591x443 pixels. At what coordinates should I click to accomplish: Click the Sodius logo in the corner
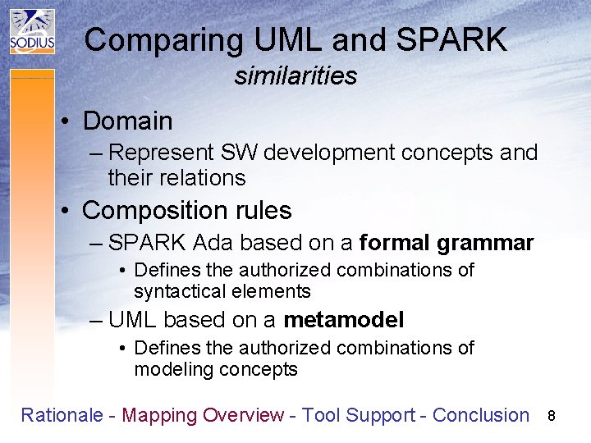[32, 32]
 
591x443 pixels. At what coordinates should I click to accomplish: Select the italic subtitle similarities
[295, 76]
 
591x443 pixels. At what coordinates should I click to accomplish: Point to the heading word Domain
[128, 121]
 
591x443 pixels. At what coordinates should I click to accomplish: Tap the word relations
[210, 177]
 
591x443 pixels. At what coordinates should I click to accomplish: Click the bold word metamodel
[343, 320]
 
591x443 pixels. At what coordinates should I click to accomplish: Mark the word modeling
[174, 369]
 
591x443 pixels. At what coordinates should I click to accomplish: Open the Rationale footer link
[62, 415]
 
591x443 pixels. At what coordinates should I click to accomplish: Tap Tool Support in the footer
[358, 415]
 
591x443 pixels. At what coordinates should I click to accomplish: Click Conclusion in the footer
[481, 415]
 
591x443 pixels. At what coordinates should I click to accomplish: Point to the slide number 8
[552, 416]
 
